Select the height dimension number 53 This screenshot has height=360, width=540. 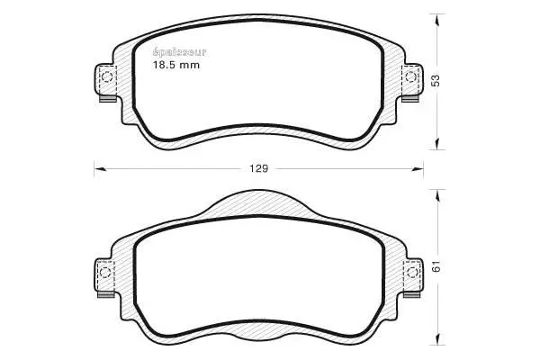coord(436,80)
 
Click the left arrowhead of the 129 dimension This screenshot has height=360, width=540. coord(100,166)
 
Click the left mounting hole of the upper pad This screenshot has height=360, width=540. coord(106,77)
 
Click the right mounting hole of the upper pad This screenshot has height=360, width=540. coord(412,77)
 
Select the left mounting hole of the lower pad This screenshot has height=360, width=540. coord(106,271)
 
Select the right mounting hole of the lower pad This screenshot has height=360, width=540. coord(413,271)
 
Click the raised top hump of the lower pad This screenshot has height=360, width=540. coord(259,203)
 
